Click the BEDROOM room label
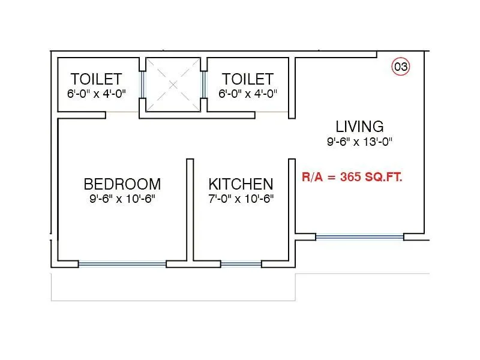click(x=122, y=184)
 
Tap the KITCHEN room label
click(x=241, y=184)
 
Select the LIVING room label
click(x=359, y=127)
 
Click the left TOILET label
click(x=96, y=79)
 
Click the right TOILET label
click(x=247, y=79)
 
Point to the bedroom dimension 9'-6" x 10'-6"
click(x=122, y=199)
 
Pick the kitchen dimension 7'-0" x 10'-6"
click(x=241, y=199)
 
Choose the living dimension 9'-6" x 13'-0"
click(x=359, y=142)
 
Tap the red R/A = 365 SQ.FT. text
click(x=352, y=177)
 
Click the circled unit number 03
click(x=401, y=67)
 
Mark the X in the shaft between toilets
click(x=173, y=85)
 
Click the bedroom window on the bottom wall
click(x=122, y=263)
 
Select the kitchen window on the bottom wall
click(x=241, y=263)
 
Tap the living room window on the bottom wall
click(x=359, y=237)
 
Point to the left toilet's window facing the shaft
click(x=143, y=85)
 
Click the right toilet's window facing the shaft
click(x=204, y=85)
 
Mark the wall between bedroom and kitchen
click(x=190, y=210)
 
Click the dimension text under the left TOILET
click(x=96, y=94)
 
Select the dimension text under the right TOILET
click(x=247, y=94)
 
